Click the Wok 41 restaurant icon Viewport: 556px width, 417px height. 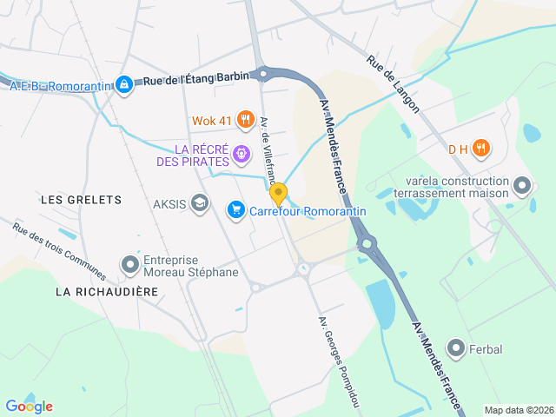(246, 119)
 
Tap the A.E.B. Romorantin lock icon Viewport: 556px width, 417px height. (124, 84)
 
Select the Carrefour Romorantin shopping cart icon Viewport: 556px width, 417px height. (235, 210)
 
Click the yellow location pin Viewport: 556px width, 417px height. (278, 194)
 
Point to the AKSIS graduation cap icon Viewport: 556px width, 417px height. (200, 203)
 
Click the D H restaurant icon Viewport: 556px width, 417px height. (481, 149)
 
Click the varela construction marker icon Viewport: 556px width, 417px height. (522, 186)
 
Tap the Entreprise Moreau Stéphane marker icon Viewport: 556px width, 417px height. (130, 264)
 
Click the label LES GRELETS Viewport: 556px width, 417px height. (82, 200)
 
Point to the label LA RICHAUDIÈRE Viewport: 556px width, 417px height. (107, 292)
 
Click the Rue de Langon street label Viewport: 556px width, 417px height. (393, 85)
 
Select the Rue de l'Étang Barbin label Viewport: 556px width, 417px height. (195, 80)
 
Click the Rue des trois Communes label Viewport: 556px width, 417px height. (59, 253)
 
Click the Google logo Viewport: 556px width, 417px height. (29, 406)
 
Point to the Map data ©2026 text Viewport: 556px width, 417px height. (518, 410)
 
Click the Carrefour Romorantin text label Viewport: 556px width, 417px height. (308, 211)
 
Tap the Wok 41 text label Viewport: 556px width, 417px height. (213, 120)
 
